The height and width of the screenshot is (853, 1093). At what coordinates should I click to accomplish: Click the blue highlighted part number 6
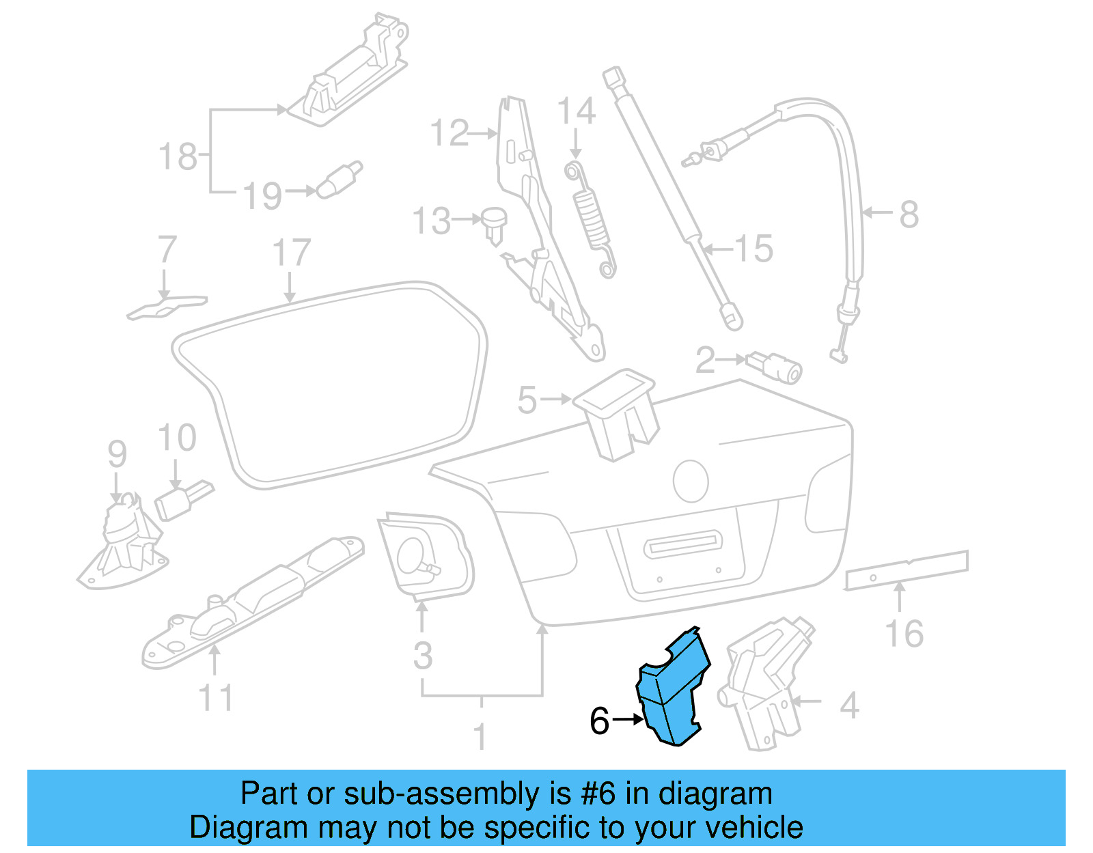pyautogui.click(x=673, y=690)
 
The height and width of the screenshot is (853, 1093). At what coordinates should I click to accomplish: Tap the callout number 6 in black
pyautogui.click(x=599, y=721)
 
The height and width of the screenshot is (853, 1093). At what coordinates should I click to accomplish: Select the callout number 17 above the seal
pyautogui.click(x=292, y=253)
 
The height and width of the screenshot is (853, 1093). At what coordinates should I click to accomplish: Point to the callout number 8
pyautogui.click(x=909, y=214)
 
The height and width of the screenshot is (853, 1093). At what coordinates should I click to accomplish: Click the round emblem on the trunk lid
pyautogui.click(x=691, y=481)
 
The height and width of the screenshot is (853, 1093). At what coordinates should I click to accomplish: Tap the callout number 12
pyautogui.click(x=449, y=133)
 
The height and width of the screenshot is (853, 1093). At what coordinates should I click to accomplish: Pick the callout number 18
pyautogui.click(x=178, y=156)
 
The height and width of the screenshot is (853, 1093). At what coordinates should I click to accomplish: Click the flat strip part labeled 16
pyautogui.click(x=907, y=569)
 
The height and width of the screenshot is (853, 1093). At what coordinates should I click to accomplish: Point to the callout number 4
pyautogui.click(x=849, y=705)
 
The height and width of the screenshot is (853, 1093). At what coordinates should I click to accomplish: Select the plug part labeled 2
pyautogui.click(x=776, y=367)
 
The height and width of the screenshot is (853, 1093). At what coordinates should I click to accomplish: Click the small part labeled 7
pyautogui.click(x=167, y=307)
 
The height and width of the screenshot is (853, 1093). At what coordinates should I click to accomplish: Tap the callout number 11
pyautogui.click(x=216, y=698)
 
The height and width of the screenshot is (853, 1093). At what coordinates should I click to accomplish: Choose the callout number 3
pyautogui.click(x=423, y=656)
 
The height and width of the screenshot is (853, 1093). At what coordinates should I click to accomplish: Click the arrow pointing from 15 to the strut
pyautogui.click(x=717, y=249)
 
